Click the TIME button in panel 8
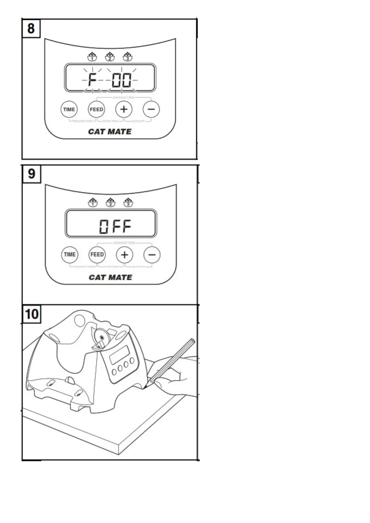69,110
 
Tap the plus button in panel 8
124,109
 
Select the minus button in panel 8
151,109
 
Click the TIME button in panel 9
70,255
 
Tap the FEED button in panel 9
97,255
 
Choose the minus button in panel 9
152,255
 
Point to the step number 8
31,29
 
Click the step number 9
32,174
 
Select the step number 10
32,314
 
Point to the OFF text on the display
115,226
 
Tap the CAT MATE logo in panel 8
110,132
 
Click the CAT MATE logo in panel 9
110,277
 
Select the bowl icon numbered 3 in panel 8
127,57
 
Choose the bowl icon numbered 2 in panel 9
110,202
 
